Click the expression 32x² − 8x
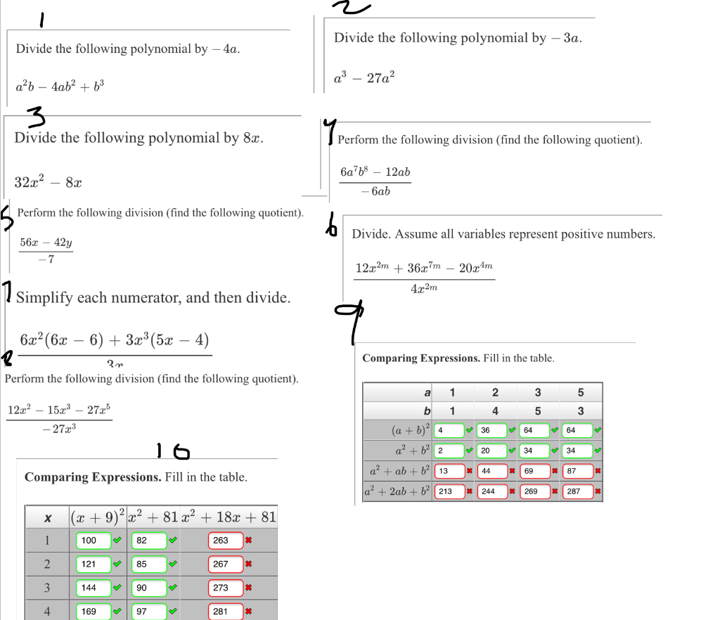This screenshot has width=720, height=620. point(49,183)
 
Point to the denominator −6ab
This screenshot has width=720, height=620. point(375,191)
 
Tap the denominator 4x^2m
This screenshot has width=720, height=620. point(424,288)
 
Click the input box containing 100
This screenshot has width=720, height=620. point(93,541)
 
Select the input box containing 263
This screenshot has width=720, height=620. point(225,541)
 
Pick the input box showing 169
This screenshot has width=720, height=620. point(93,612)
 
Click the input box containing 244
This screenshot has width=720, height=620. point(492,491)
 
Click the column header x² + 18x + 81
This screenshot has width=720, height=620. point(229,517)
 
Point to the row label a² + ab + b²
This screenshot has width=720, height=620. point(399,471)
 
